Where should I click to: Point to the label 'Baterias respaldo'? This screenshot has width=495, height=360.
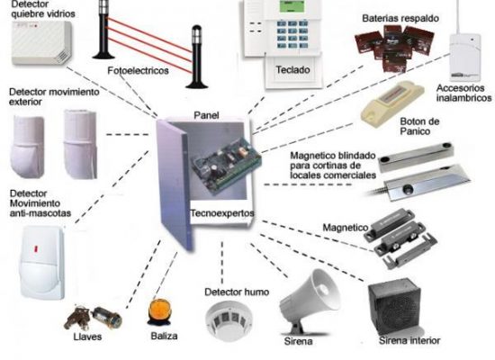pos(400,18)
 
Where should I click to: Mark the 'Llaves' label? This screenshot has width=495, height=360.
pos(87,337)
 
